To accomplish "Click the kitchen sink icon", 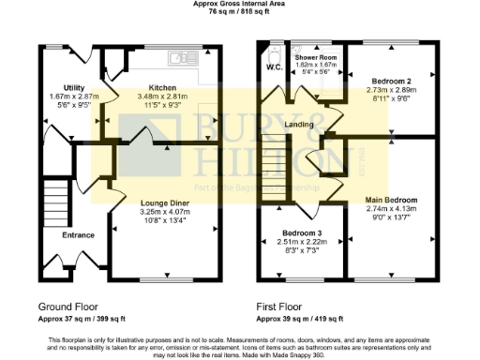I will pos(177,58).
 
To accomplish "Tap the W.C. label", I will pos(273,67).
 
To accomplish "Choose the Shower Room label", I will pos(315,57).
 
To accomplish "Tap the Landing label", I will pos(300,124).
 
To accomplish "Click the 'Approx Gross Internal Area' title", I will pos(241,5).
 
